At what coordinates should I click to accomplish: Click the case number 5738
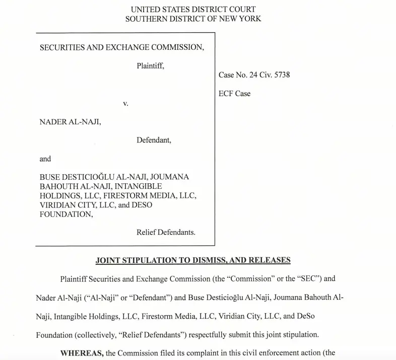point(281,75)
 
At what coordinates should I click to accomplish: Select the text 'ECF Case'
point(234,94)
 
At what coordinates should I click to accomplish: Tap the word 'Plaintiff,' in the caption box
point(150,65)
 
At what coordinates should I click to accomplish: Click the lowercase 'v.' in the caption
point(125,103)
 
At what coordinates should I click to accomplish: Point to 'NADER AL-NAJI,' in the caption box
point(70,122)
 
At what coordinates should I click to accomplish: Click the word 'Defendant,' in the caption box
point(154,140)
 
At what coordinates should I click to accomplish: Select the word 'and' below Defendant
point(45,159)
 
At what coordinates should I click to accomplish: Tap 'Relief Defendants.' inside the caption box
point(166,233)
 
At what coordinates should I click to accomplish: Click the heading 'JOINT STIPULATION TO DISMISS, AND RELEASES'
point(193,260)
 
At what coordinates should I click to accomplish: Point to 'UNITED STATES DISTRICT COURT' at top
point(193,9)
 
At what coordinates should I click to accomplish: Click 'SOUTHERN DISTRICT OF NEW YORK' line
point(193,19)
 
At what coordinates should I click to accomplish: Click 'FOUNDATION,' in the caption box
point(66,214)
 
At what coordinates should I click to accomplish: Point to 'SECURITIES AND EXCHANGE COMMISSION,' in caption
point(122,47)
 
